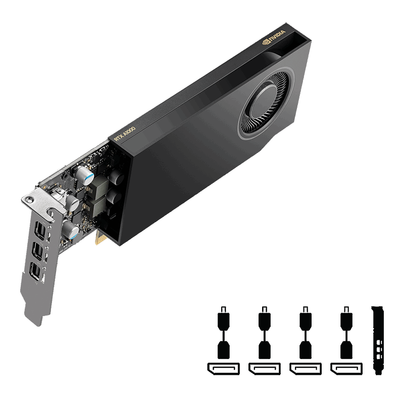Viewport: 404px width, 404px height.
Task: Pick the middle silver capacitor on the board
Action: (x=72, y=204)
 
